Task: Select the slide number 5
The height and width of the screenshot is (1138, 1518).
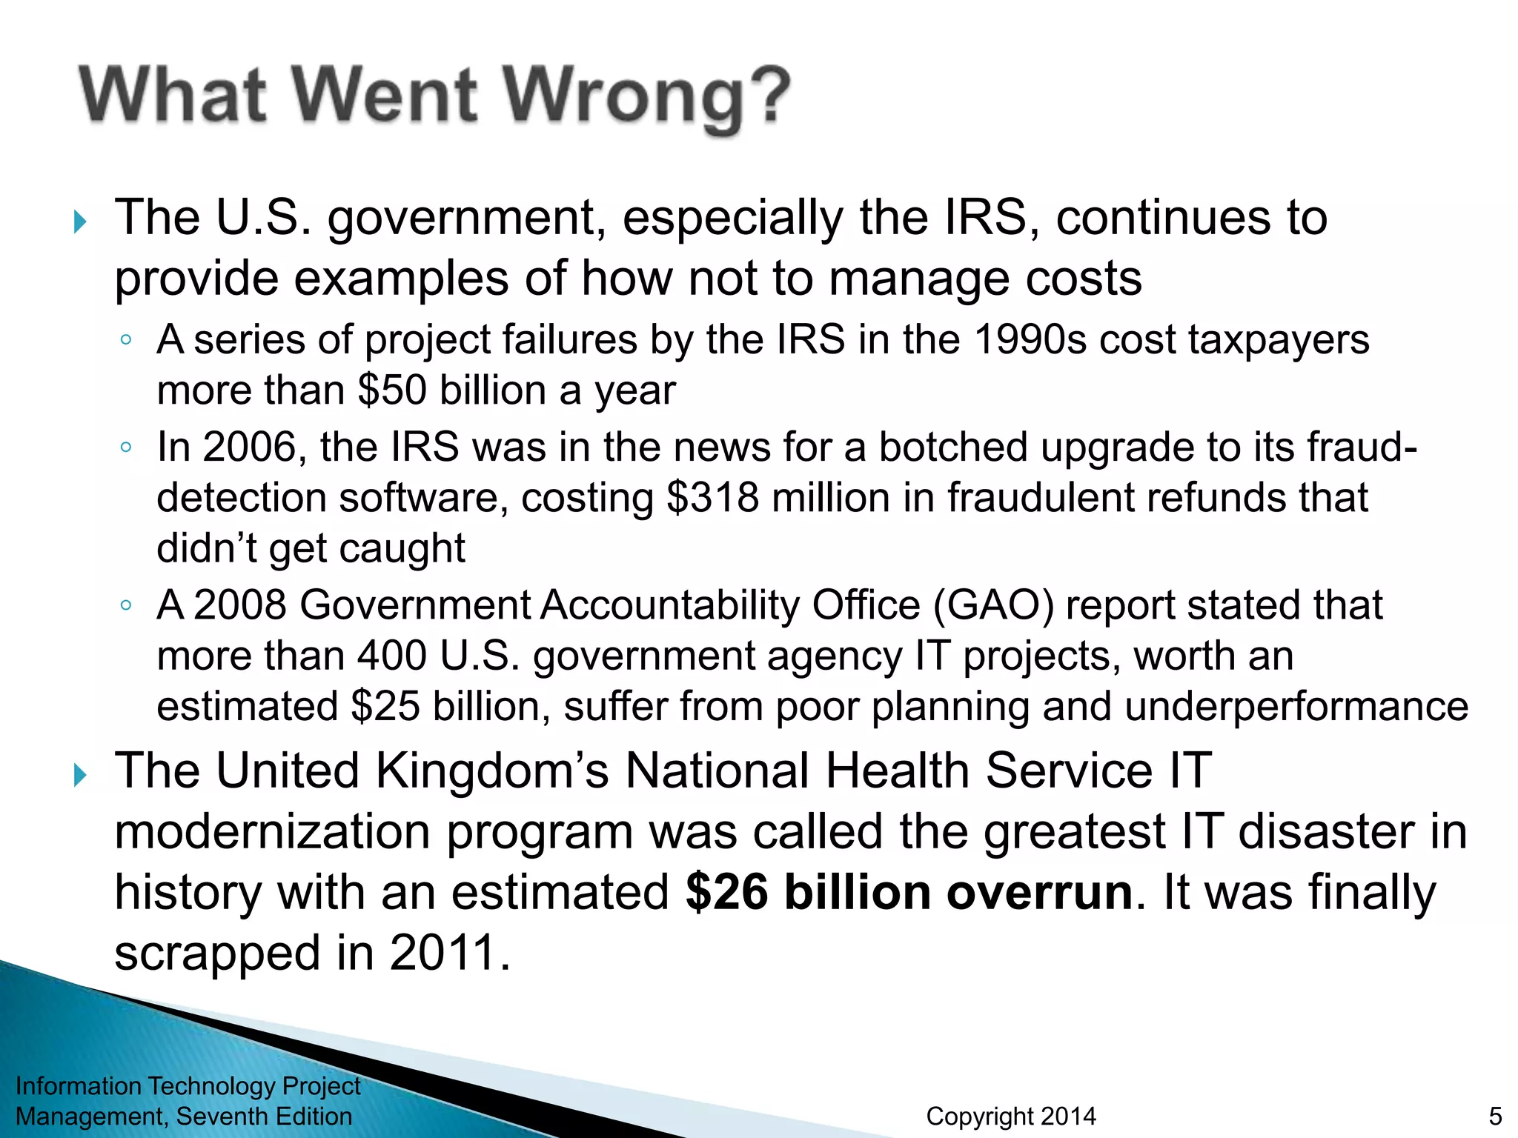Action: coord(1495,1116)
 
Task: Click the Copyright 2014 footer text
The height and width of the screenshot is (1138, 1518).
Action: coord(1011,1116)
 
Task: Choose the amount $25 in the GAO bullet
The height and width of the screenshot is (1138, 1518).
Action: coord(385,706)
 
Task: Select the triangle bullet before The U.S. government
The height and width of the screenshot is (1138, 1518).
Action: coord(81,222)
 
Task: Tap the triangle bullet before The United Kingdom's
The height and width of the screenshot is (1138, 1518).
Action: coord(81,775)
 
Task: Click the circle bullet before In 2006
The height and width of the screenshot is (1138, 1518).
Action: coord(126,447)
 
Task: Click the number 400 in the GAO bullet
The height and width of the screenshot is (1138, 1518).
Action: coord(392,656)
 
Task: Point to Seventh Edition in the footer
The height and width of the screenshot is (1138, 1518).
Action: coord(264,1116)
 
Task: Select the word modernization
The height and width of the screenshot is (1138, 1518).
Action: coord(272,831)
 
